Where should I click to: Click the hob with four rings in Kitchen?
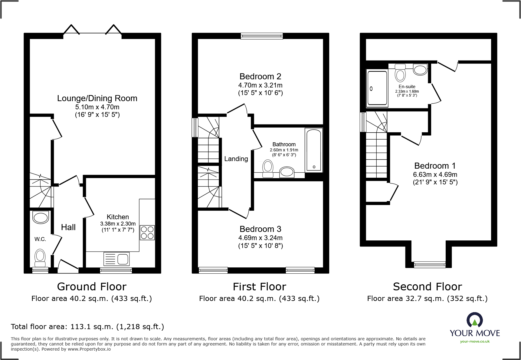(x=147, y=233)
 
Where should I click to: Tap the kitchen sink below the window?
(x=116, y=259)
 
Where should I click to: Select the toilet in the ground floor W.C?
(x=40, y=256)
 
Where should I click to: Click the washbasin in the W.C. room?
(x=41, y=217)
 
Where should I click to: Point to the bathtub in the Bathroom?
(x=314, y=150)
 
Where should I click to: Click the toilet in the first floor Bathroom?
(x=268, y=168)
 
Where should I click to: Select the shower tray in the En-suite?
(x=377, y=88)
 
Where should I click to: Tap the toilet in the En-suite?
(x=400, y=73)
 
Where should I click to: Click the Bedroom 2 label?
(x=260, y=76)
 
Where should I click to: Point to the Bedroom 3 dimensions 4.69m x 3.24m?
(x=260, y=238)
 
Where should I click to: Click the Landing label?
(x=236, y=159)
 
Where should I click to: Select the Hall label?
(x=68, y=227)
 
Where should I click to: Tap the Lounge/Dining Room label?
(x=97, y=98)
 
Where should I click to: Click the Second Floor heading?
(x=427, y=286)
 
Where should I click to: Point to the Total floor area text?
(x=87, y=327)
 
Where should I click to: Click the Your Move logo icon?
(x=474, y=320)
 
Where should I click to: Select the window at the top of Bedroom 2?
(x=262, y=36)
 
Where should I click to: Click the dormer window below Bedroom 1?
(x=430, y=265)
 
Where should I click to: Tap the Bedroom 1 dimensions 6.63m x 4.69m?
(x=435, y=175)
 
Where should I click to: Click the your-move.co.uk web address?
(x=475, y=342)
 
